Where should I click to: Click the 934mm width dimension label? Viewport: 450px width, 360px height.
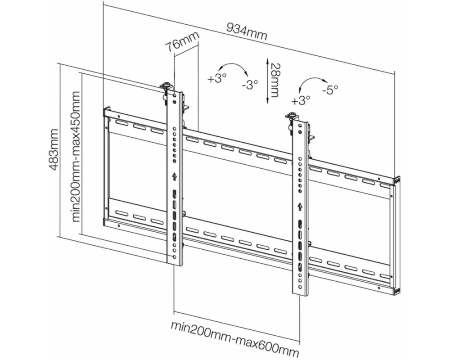(x=247, y=31)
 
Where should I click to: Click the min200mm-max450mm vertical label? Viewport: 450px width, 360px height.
(x=76, y=157)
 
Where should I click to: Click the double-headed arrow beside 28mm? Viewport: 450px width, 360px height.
(x=267, y=80)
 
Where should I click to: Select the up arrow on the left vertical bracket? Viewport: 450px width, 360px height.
(x=175, y=176)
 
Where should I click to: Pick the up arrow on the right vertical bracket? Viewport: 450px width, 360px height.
(x=300, y=207)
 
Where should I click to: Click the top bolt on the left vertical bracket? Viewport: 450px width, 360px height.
(x=167, y=85)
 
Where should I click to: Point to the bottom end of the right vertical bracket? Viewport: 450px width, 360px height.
(x=300, y=292)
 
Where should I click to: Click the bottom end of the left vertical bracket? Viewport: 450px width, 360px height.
(x=175, y=262)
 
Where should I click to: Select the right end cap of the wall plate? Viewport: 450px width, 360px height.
(x=397, y=234)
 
